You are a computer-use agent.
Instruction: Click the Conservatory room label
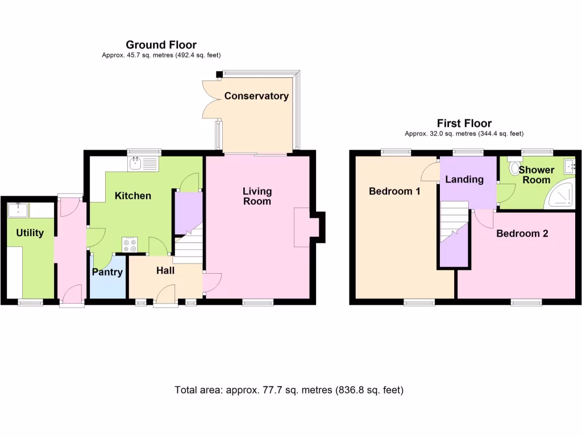coord(256,96)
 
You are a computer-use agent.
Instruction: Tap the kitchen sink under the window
coord(136,164)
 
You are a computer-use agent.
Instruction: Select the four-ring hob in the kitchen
coord(130,245)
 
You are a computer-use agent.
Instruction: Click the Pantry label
coord(107,273)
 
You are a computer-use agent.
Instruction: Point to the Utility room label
coord(30,233)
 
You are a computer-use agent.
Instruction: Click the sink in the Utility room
coord(18,210)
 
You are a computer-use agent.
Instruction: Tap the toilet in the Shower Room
coord(515,167)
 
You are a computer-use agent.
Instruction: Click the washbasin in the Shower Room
coord(569,166)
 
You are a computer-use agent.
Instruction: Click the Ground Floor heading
coord(161,45)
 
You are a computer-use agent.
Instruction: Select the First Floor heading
coord(464,123)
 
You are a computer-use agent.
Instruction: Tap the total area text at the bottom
coord(289,390)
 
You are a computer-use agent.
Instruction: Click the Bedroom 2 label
coord(522,233)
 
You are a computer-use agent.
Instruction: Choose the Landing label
coord(464,180)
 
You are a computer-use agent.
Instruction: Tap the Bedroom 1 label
coord(394,191)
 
